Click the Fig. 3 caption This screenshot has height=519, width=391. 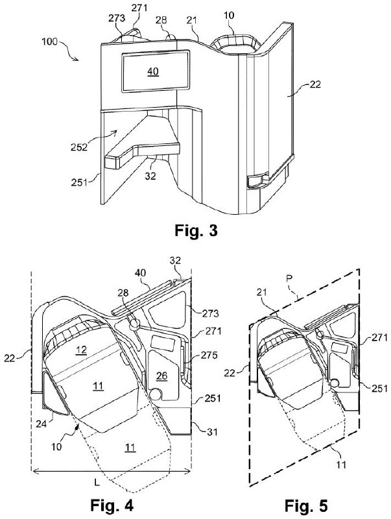pyautogui.click(x=196, y=230)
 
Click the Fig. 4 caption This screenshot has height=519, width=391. pyautogui.click(x=112, y=505)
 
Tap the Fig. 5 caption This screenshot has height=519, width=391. pyautogui.click(x=306, y=506)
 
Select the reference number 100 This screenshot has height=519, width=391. pyautogui.click(x=50, y=42)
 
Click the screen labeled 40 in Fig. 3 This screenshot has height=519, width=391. pyautogui.click(x=156, y=71)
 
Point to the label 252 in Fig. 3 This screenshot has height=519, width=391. pyautogui.click(x=79, y=147)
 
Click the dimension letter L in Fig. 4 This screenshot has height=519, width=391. pyautogui.click(x=97, y=482)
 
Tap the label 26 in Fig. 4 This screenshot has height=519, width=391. pyautogui.click(x=162, y=376)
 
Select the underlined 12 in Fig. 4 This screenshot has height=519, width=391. pyautogui.click(x=81, y=350)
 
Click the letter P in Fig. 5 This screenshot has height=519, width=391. pyautogui.click(x=289, y=279)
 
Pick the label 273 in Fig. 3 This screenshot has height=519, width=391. pyautogui.click(x=117, y=18)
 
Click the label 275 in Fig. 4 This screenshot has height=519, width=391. pyautogui.click(x=209, y=355)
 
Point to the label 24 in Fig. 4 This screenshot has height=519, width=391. pyautogui.click(x=41, y=424)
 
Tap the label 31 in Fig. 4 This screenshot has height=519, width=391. pyautogui.click(x=212, y=431)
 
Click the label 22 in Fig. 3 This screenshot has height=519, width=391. pyautogui.click(x=315, y=84)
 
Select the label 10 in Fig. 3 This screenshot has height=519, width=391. pyautogui.click(x=229, y=15)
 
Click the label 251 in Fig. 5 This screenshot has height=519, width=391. pyautogui.click(x=379, y=388)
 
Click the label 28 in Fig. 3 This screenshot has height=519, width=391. pyautogui.click(x=161, y=21)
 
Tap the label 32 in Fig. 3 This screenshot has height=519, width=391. pyautogui.click(x=150, y=176)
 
